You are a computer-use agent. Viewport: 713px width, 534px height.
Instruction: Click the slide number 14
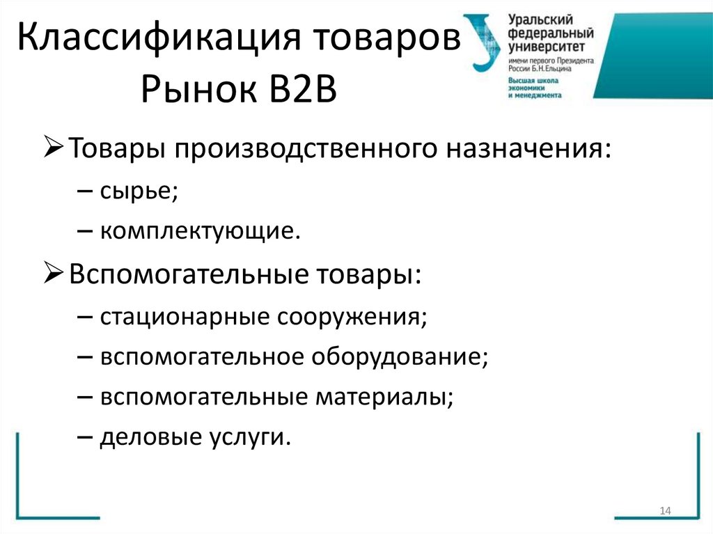pyautogui.click(x=664, y=512)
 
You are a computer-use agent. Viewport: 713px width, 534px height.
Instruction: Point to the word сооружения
pyautogui.click(x=352, y=317)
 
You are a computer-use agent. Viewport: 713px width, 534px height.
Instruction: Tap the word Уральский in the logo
pyautogui.click(x=535, y=20)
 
